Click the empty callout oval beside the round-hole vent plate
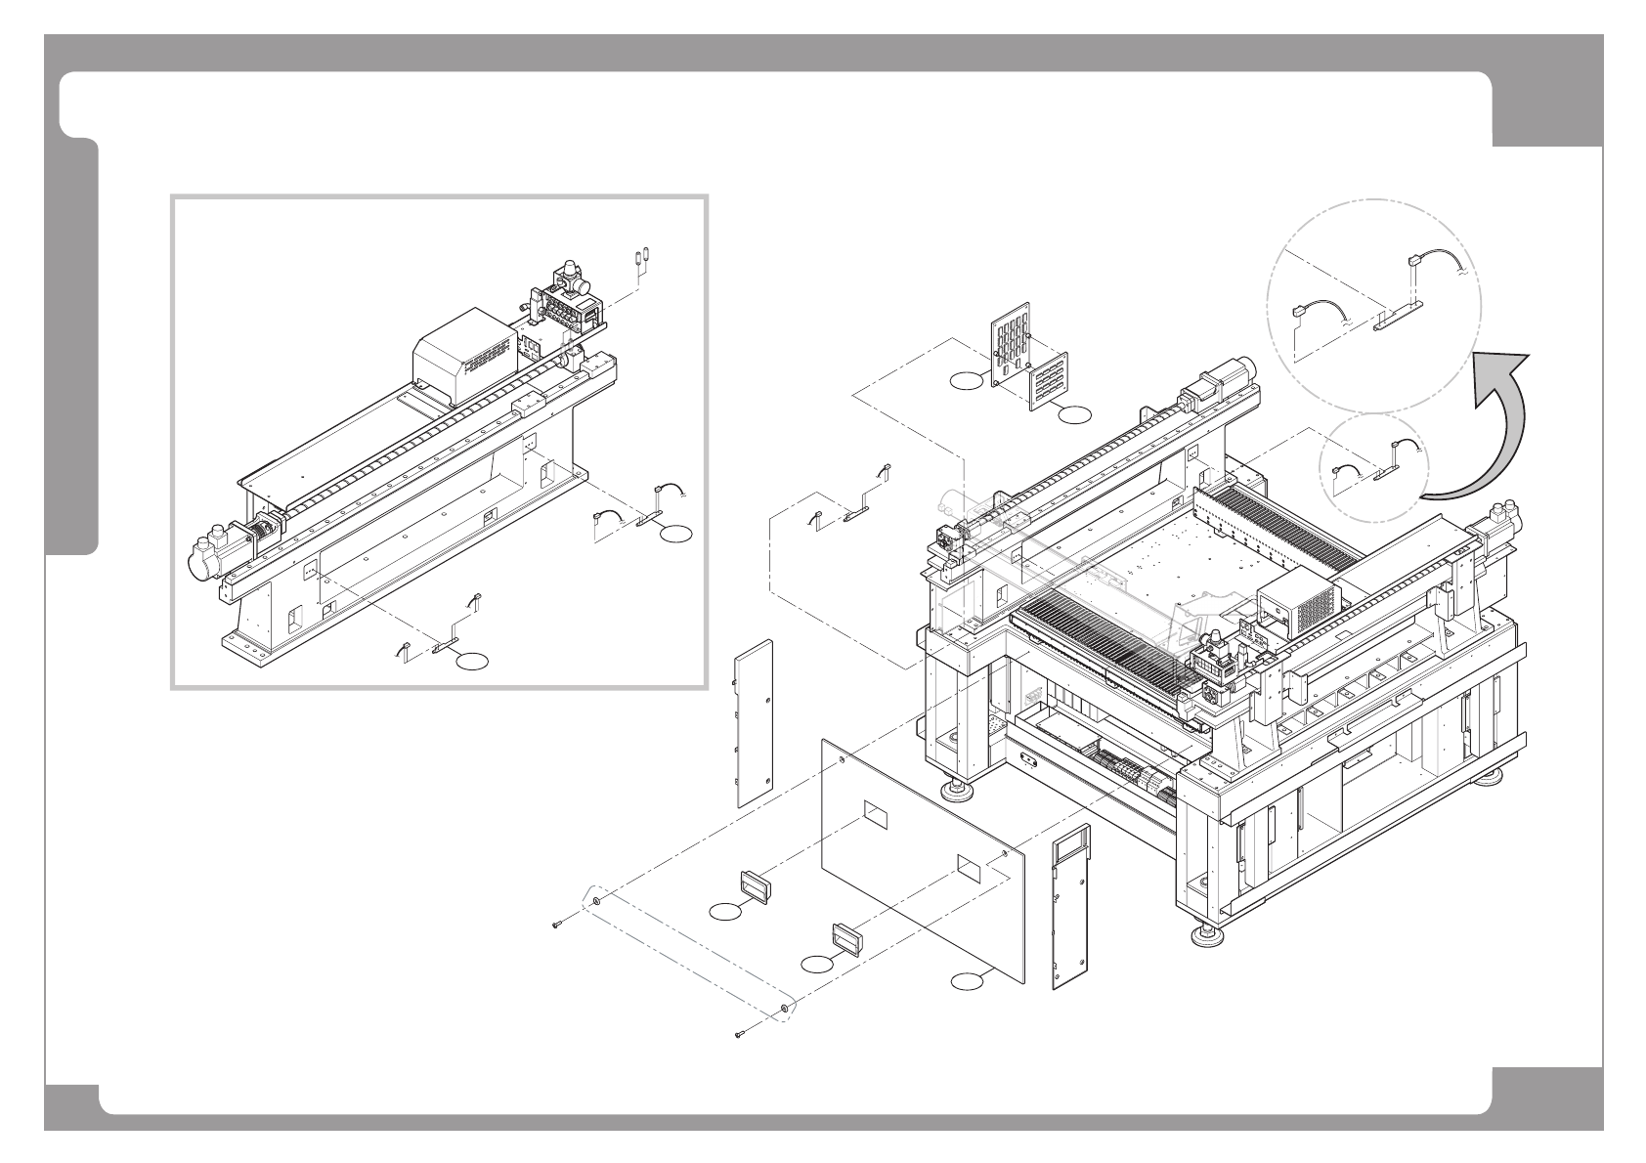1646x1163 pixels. pos(965,381)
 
